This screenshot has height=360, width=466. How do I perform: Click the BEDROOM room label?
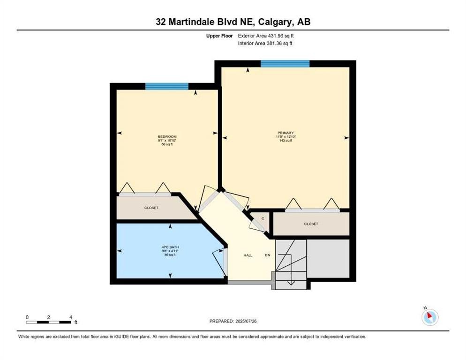167,136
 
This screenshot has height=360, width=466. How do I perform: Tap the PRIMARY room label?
286,133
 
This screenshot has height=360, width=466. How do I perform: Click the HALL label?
248,255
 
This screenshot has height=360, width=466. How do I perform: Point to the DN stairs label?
268,255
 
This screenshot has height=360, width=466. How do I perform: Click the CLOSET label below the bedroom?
151,208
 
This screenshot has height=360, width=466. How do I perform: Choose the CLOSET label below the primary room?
311,224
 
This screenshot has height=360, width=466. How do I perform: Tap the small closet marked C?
263,218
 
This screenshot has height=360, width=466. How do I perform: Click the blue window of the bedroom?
166,86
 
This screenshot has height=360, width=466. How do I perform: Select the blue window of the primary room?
285,64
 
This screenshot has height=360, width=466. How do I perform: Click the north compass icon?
429,317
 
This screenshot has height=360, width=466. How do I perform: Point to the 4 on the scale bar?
70,317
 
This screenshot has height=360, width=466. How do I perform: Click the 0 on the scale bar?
27,317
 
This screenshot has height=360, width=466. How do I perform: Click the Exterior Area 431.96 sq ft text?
266,35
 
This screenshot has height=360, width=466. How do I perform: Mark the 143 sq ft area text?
286,141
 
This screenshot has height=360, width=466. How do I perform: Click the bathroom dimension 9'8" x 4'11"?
167,251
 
